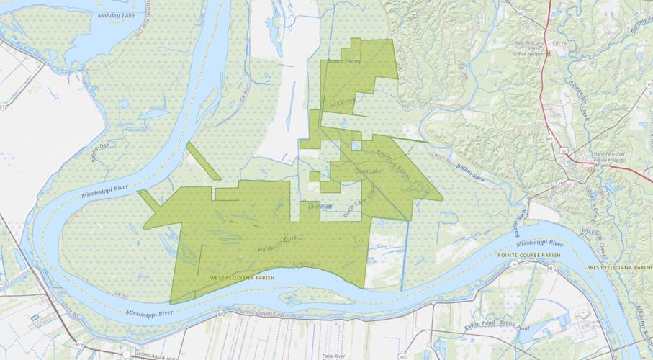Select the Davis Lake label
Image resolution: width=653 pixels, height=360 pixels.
[366, 171]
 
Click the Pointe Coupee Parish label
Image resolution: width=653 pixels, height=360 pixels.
[528, 256]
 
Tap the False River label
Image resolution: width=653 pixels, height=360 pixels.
[333, 356]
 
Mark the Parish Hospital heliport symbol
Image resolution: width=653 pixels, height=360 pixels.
[590, 169]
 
